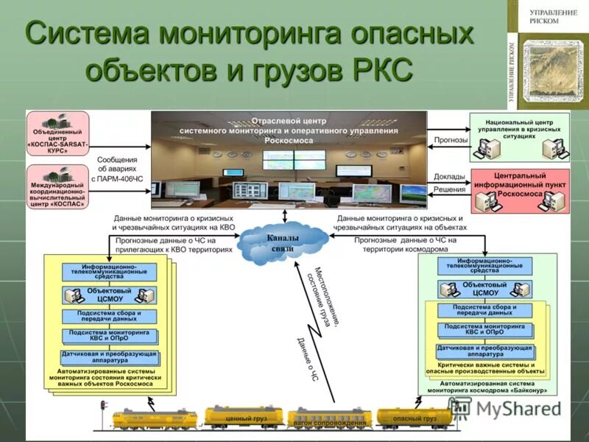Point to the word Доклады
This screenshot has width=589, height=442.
[449, 177]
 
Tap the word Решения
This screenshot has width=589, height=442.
[449, 189]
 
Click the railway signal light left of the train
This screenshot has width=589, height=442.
[104, 406]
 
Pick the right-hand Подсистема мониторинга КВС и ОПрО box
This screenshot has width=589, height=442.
[484, 329]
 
